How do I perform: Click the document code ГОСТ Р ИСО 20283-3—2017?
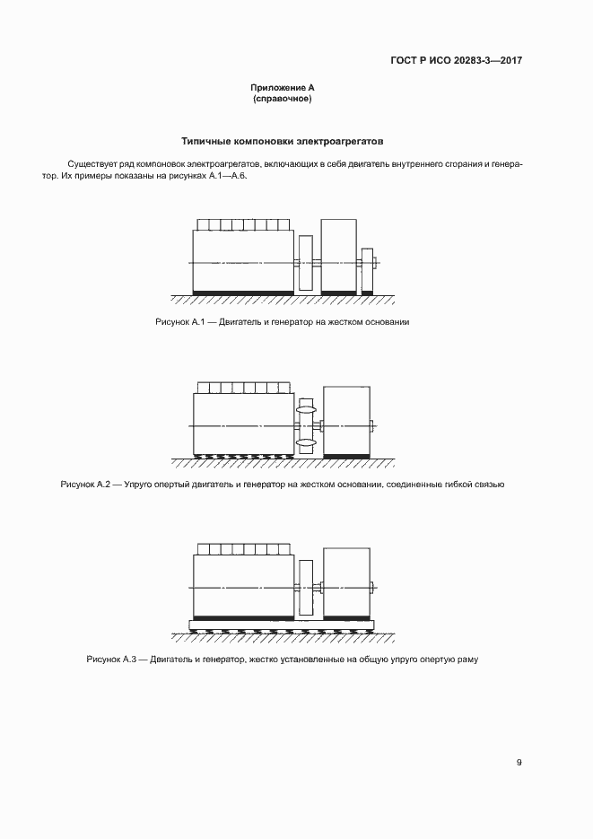456,61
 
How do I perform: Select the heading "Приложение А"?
283,88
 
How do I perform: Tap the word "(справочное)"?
283,99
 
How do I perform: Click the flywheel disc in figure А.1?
304,262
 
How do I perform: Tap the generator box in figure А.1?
338,256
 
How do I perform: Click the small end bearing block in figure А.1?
366,268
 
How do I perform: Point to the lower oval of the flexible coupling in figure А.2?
305,442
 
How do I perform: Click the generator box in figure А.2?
345,420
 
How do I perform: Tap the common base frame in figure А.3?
282,625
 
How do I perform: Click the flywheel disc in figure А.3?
304,587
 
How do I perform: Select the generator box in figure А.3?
345,582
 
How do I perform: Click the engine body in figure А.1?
243,260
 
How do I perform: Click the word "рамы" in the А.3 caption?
467,660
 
